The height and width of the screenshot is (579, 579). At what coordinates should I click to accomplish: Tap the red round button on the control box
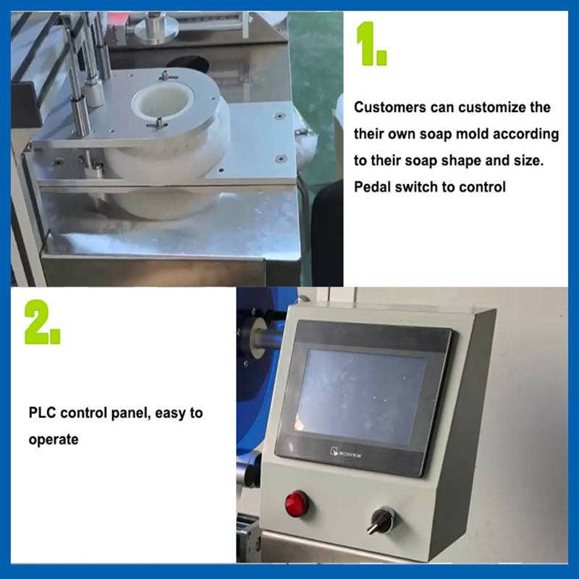297,503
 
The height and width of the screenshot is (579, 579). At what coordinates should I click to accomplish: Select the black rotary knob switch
382,520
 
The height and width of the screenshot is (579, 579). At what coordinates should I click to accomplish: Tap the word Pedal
373,187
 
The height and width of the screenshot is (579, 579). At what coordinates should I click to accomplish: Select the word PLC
42,413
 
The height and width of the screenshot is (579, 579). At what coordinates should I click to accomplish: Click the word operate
54,440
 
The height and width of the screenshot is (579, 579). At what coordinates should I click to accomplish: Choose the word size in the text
528,160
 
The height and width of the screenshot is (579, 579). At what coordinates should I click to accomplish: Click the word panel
131,413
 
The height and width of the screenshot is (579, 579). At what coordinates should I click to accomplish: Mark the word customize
492,107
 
